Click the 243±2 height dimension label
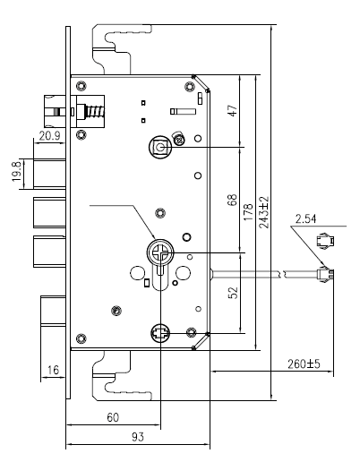(264, 212)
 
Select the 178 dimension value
(248, 212)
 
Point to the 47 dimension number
(233, 110)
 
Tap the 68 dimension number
(232, 200)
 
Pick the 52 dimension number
(233, 293)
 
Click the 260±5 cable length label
(304, 364)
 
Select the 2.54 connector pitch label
(305, 219)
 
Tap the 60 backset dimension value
(113, 417)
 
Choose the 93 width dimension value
(138, 437)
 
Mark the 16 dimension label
(54, 370)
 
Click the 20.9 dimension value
(50, 136)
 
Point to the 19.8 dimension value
(16, 171)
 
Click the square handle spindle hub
(160, 147)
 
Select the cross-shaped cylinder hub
(160, 252)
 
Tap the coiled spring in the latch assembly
(95, 112)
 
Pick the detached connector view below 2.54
(325, 240)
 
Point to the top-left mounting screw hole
(81, 86)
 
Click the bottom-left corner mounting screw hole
(81, 338)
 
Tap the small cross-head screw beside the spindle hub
(179, 140)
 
